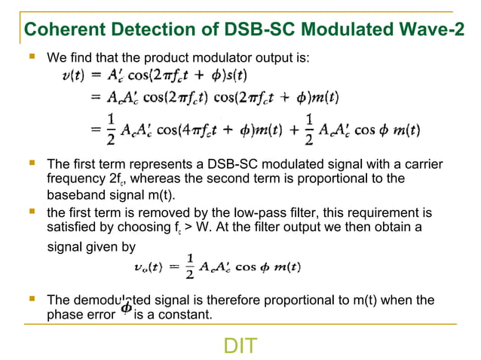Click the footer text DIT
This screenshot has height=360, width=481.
(240, 346)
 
